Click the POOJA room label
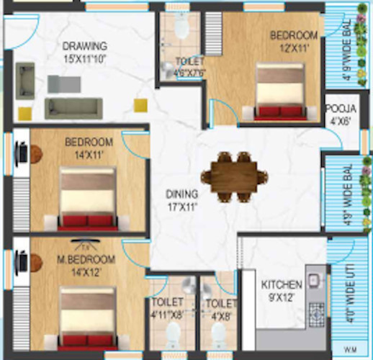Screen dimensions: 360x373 pos(338,109)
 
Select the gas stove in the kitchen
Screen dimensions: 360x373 pos(316,311)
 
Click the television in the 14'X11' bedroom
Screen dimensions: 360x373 pos(24,153)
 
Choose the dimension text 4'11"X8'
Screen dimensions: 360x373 pos(168,313)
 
